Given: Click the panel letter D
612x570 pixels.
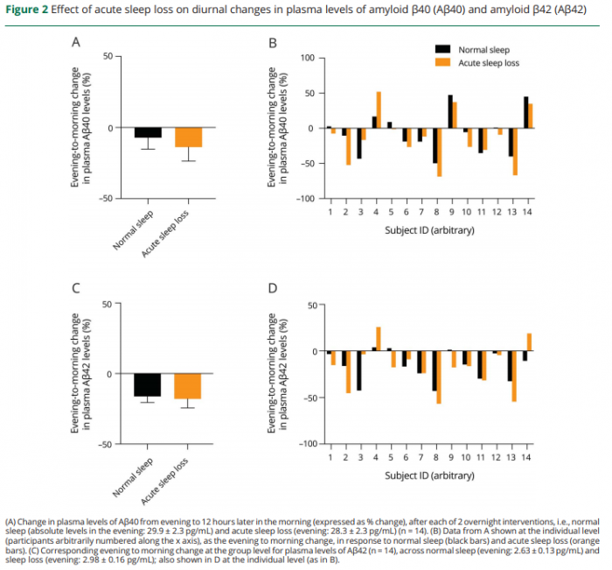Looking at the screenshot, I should (272, 289).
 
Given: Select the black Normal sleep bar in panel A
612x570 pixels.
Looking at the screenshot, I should (148, 132).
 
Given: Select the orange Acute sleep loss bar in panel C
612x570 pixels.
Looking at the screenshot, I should (188, 386).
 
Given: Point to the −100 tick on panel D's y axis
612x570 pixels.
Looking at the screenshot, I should (306, 444).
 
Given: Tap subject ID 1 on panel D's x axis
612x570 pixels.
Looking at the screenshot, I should (330, 458).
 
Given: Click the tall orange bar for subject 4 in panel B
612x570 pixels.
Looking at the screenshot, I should (379, 109).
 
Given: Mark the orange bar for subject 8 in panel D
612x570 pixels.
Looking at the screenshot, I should (439, 377).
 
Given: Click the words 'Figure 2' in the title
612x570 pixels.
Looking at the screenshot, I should (25, 10).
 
